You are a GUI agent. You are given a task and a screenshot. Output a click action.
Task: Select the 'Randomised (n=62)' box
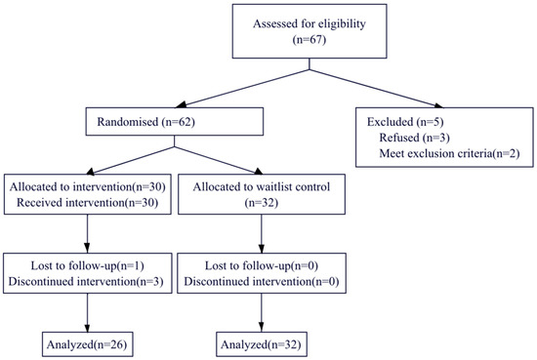pos(173,121)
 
